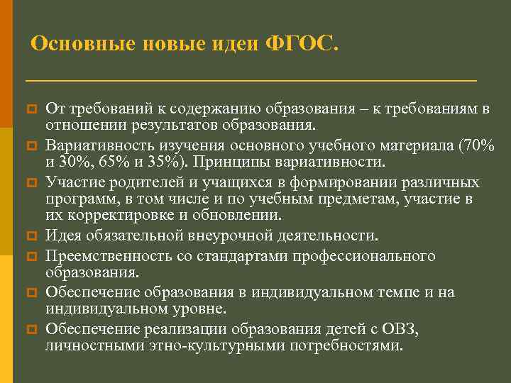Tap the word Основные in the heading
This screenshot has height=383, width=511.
tap(75, 44)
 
